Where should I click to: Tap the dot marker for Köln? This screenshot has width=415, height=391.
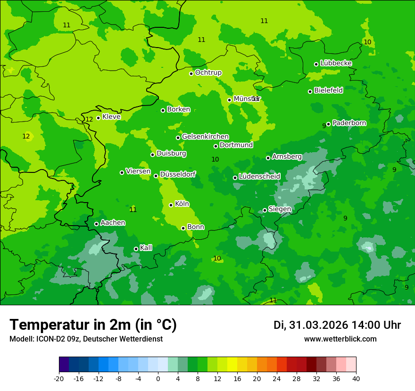(171, 205)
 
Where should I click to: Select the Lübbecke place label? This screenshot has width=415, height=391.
(336, 63)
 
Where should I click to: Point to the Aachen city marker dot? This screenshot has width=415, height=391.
(96, 224)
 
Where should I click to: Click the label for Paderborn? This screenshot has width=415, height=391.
(349, 123)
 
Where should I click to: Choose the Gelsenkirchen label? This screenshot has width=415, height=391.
(205, 137)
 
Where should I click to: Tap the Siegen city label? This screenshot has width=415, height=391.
(280, 209)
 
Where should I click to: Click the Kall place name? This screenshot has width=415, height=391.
(146, 248)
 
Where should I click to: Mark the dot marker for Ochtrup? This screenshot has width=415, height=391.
(191, 73)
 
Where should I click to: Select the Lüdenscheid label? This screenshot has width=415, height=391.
(259, 177)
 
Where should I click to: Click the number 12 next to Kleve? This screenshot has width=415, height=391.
(89, 119)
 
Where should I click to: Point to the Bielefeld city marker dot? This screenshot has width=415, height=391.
(310, 91)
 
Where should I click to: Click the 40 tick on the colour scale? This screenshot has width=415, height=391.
(356, 378)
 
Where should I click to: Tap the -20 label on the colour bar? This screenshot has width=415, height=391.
(59, 378)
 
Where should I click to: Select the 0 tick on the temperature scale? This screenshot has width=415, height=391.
(158, 378)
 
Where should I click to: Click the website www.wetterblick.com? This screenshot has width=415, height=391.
(340, 339)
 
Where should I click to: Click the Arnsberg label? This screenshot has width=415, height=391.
(287, 156)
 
